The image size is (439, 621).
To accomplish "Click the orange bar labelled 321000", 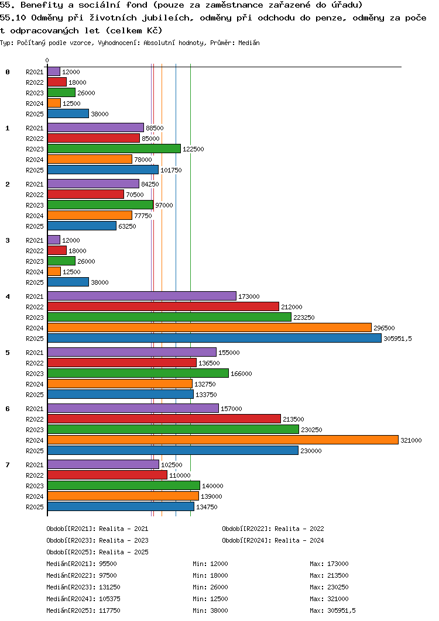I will click(222, 440).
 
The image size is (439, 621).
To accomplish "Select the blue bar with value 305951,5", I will click(214, 338).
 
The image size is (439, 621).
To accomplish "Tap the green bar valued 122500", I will click(114, 149).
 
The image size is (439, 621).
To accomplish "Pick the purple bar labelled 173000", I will click(142, 296).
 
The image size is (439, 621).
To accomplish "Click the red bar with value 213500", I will click(164, 419).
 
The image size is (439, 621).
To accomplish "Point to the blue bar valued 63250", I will click(82, 226).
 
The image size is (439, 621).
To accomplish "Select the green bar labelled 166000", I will click(138, 373).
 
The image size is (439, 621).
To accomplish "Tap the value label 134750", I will click(207, 507).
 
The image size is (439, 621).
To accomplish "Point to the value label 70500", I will click(135, 195).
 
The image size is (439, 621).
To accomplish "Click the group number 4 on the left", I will click(8, 296).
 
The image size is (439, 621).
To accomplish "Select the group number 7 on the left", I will click(8, 465).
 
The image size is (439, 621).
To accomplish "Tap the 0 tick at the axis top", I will click(47, 60).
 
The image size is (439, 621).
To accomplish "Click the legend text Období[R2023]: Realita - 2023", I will click(97, 540).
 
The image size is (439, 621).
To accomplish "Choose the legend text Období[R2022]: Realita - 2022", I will click(273, 529).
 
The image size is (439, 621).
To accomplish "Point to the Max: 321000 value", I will click(329, 599).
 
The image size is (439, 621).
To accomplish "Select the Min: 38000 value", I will click(210, 610).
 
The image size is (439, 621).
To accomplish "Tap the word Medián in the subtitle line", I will click(249, 43).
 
